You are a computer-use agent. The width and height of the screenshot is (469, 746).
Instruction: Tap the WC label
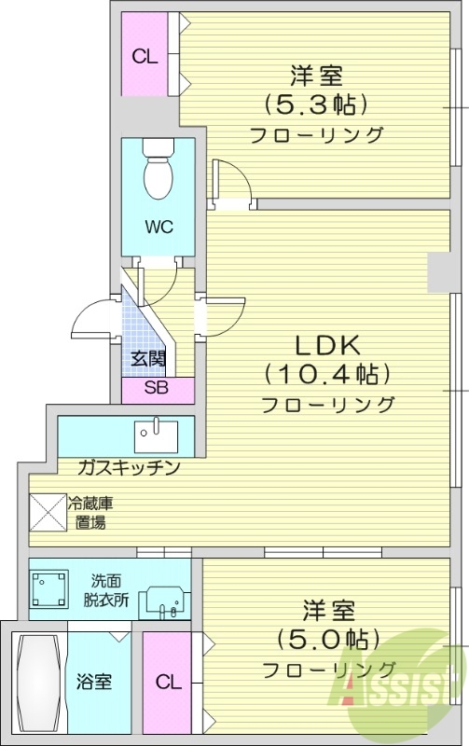[158, 227]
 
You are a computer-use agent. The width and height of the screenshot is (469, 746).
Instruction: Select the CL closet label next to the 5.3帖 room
[144, 56]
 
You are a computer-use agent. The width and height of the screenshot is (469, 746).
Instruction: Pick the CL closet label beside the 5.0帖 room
[168, 683]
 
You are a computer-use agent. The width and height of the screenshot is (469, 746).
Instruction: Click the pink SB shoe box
[158, 390]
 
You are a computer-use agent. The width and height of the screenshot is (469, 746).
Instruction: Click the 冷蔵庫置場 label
[91, 512]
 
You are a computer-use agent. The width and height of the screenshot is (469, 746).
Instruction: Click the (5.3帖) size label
[315, 102]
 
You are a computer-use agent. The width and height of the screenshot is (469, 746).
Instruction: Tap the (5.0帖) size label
[327, 639]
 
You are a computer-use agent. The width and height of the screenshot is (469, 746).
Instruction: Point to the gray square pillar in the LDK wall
[438, 270]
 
